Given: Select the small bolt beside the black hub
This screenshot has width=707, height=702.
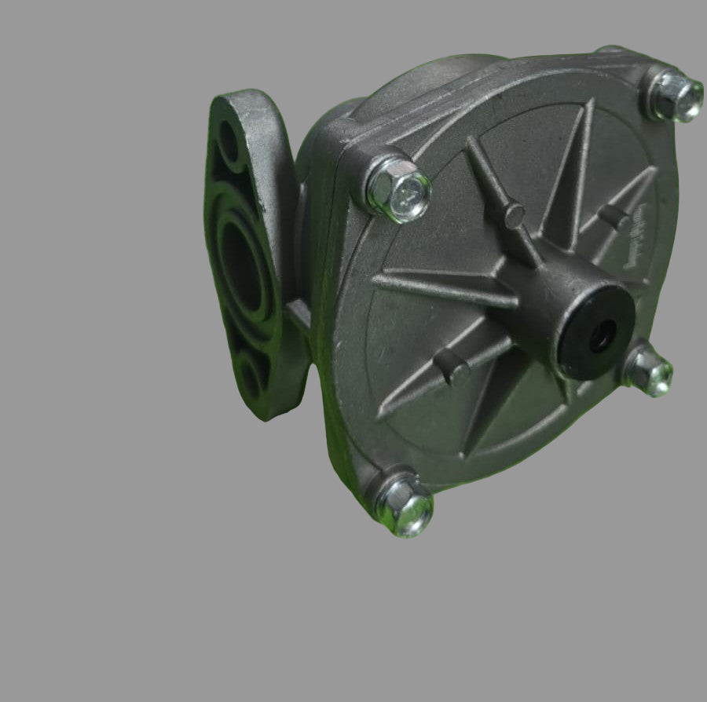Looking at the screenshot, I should (x=648, y=370).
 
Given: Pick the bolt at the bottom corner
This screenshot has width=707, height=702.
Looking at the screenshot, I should (x=404, y=504).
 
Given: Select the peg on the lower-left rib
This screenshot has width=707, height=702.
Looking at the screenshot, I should (x=452, y=366).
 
